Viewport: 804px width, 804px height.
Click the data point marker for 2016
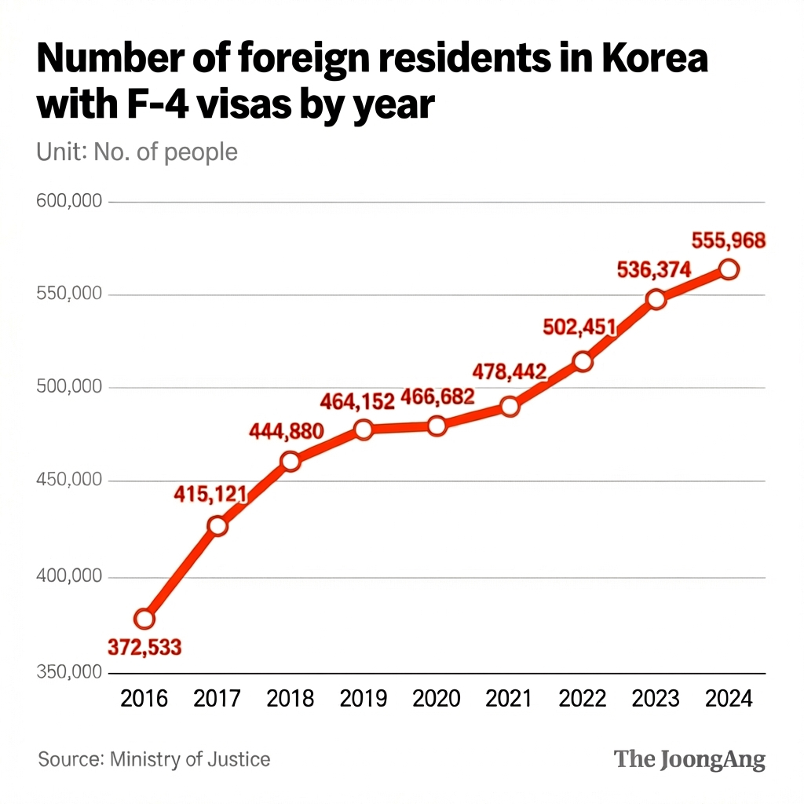pyautogui.click(x=144, y=619)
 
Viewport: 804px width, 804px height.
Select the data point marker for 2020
pyautogui.click(x=437, y=426)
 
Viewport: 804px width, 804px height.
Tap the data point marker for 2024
pyautogui.click(x=729, y=269)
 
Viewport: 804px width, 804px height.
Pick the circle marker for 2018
pyautogui.click(x=291, y=461)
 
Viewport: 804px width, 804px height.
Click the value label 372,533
pyautogui.click(x=144, y=648)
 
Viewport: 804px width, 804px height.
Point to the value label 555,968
pyautogui.click(x=728, y=241)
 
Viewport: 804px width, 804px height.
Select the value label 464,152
pyautogui.click(x=357, y=401)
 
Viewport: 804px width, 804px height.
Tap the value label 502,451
pyautogui.click(x=579, y=328)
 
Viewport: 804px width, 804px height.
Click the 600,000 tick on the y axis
pyautogui.click(x=70, y=201)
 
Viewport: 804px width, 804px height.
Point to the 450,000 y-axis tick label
pyautogui.click(x=70, y=480)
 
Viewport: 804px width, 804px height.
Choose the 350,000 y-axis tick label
pyautogui.click(x=70, y=672)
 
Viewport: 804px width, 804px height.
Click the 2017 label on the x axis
pyautogui.click(x=217, y=698)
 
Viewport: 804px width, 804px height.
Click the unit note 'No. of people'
pyautogui.click(x=166, y=151)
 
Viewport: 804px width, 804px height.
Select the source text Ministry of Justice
pyautogui.click(x=190, y=759)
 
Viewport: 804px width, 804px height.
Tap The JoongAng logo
pyautogui.click(x=689, y=759)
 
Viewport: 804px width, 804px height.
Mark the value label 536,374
pyautogui.click(x=655, y=271)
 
